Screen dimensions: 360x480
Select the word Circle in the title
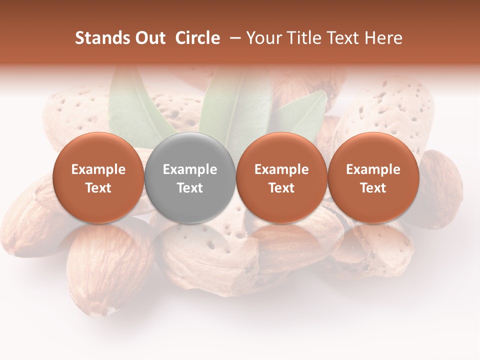[x=197, y=38]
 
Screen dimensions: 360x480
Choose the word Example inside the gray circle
[x=190, y=169]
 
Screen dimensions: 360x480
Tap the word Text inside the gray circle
[x=190, y=188]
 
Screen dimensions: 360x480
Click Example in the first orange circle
[x=98, y=169]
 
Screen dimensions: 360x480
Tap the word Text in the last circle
[x=373, y=188]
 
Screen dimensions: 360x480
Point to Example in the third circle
[x=281, y=169]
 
